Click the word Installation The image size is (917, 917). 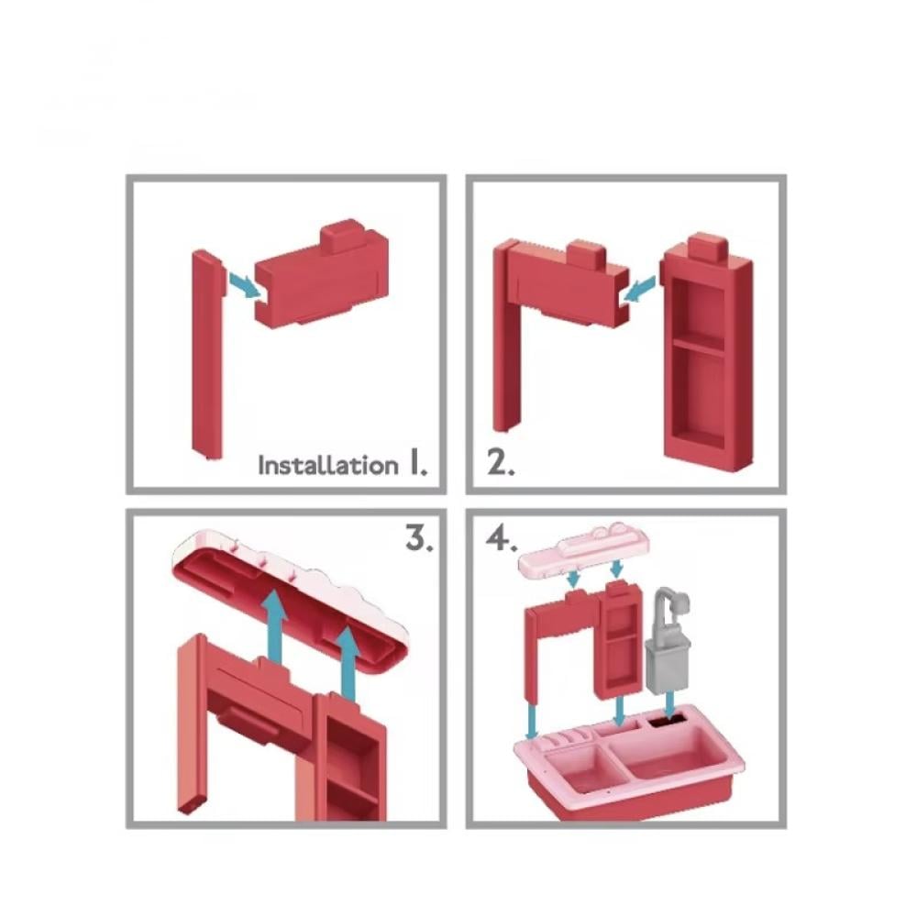(x=328, y=466)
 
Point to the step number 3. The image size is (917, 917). (x=419, y=538)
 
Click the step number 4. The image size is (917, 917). (x=502, y=538)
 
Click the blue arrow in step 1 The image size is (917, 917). (x=244, y=285)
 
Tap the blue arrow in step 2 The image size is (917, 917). (x=638, y=290)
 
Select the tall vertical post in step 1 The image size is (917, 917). (x=207, y=354)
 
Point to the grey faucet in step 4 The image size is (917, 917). (x=667, y=639)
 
